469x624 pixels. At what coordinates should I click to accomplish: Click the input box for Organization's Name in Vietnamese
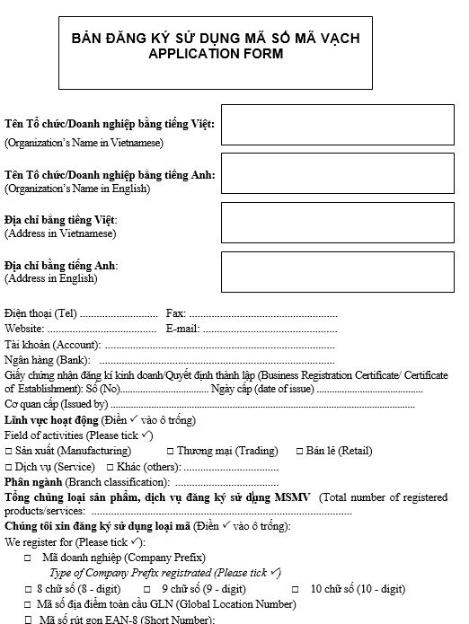coord(338,125)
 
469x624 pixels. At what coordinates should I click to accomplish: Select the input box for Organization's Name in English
coord(338,172)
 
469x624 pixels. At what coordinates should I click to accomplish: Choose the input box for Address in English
coord(338,271)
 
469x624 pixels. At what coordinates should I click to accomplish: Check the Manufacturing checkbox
coord(9,451)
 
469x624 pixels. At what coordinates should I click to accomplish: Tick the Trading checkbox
coord(171,451)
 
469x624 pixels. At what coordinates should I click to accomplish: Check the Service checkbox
coord(9,468)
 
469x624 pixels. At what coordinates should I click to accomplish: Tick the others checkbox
coord(110,468)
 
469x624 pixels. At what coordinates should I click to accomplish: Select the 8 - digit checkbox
coord(28,589)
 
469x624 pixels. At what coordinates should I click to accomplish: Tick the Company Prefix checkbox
coord(28,558)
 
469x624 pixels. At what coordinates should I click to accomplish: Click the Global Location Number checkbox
coord(28,604)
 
